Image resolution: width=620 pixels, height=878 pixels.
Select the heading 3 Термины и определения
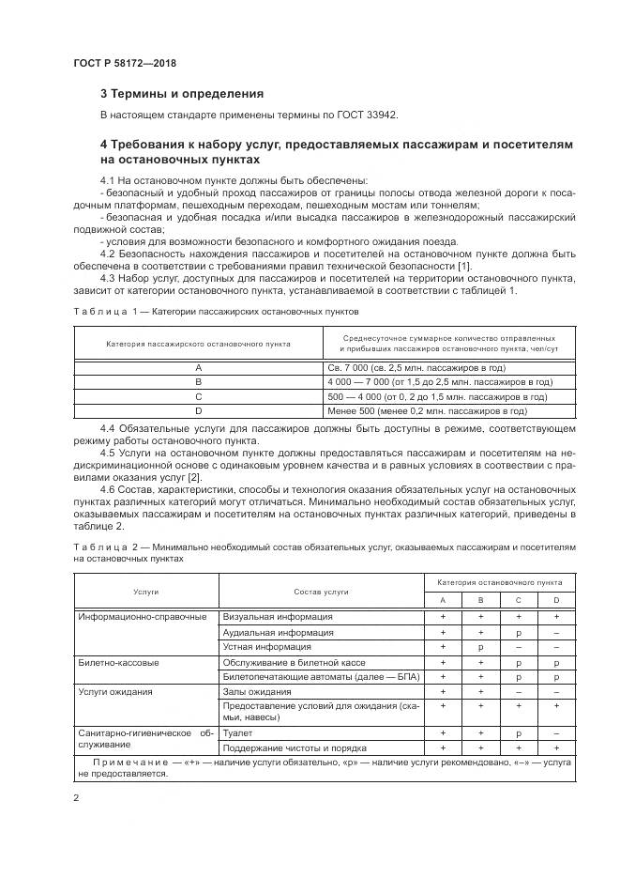pos(181,94)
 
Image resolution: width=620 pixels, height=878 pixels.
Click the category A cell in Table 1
pos(198,368)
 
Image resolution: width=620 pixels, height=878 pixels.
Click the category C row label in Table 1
pos(198,396)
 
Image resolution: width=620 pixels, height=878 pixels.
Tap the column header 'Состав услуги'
pos(321,592)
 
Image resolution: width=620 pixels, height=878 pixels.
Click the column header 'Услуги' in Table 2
pos(145,592)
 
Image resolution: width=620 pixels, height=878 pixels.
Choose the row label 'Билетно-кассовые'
pos(118,662)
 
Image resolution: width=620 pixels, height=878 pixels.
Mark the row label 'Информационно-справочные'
pos(143,617)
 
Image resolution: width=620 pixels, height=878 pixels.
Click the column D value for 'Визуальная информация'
pos(556,617)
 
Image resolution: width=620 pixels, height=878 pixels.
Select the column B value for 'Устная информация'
pos(480,647)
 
